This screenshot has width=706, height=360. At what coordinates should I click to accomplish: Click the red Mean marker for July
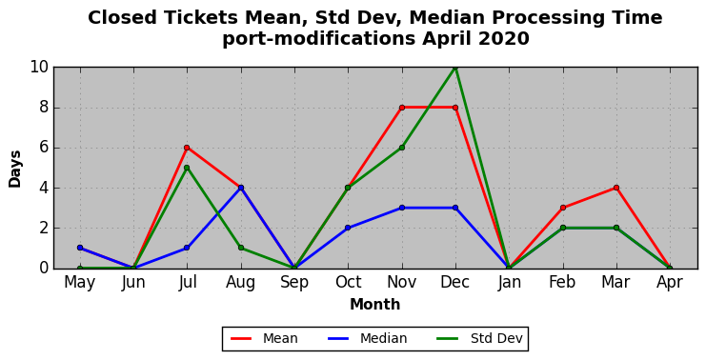[x=187, y=148]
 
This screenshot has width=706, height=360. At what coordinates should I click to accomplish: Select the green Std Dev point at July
[x=187, y=168]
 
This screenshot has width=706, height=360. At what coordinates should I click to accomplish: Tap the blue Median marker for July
[x=187, y=248]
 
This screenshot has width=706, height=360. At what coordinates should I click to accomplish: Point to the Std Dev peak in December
[x=455, y=68]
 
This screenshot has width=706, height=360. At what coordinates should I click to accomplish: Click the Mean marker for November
[x=402, y=108]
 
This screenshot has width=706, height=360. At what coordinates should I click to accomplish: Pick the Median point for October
[x=348, y=228]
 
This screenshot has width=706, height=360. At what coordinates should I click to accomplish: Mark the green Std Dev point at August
[x=241, y=248]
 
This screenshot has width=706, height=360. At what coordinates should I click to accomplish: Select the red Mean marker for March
[x=615, y=188]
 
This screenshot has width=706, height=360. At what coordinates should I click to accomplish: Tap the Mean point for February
[x=563, y=208]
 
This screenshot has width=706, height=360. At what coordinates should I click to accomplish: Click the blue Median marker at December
[x=455, y=208]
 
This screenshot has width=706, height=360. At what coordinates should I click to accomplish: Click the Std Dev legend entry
[x=480, y=338]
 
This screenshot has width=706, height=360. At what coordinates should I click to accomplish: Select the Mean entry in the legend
[x=264, y=338]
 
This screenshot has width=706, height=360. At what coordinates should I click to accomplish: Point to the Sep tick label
[x=294, y=283]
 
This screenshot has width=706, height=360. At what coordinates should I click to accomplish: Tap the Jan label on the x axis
[x=509, y=283]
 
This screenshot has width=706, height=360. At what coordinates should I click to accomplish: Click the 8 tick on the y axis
[x=44, y=108]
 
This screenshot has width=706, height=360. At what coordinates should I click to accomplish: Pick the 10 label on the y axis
[x=39, y=68]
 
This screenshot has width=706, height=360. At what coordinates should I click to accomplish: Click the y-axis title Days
[x=15, y=169]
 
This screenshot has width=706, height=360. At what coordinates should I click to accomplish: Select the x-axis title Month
[x=374, y=305]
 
